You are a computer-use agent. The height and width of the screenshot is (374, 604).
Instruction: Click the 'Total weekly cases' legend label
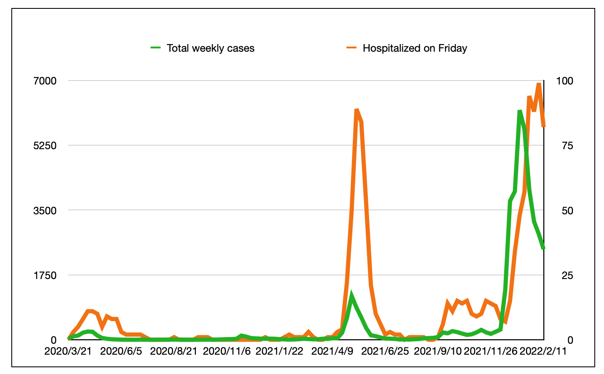pyautogui.click(x=211, y=48)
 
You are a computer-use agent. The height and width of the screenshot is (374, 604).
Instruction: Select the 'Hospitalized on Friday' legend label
pyautogui.click(x=414, y=48)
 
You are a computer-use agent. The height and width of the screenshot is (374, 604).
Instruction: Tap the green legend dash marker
pyautogui.click(x=156, y=48)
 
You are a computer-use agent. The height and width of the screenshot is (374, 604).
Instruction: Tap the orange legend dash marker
pyautogui.click(x=351, y=48)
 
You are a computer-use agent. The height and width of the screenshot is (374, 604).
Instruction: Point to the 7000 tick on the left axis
pyautogui.click(x=45, y=81)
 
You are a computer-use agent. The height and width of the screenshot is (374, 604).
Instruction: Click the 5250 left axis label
pyautogui.click(x=45, y=146)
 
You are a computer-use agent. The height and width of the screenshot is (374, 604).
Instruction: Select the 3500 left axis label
pyautogui.click(x=45, y=211)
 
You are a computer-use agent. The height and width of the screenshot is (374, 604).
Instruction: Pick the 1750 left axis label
pyautogui.click(x=45, y=276)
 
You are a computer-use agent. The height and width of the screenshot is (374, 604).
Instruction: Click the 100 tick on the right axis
pyautogui.click(x=564, y=81)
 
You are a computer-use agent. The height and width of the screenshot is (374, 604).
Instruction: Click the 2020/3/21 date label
pyautogui.click(x=68, y=351)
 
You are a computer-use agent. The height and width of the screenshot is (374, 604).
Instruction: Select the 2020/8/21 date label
pyautogui.click(x=174, y=351)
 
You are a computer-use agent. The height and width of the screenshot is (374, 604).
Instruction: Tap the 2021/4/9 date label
pyautogui.click(x=332, y=351)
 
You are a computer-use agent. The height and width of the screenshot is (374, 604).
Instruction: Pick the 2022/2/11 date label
pyautogui.click(x=543, y=351)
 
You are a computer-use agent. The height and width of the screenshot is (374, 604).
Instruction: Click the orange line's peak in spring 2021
pyautogui.click(x=357, y=110)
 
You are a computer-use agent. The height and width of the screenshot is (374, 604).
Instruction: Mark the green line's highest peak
pyautogui.click(x=520, y=111)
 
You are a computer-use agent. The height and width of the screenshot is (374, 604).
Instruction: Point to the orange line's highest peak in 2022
pyautogui.click(x=539, y=84)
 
